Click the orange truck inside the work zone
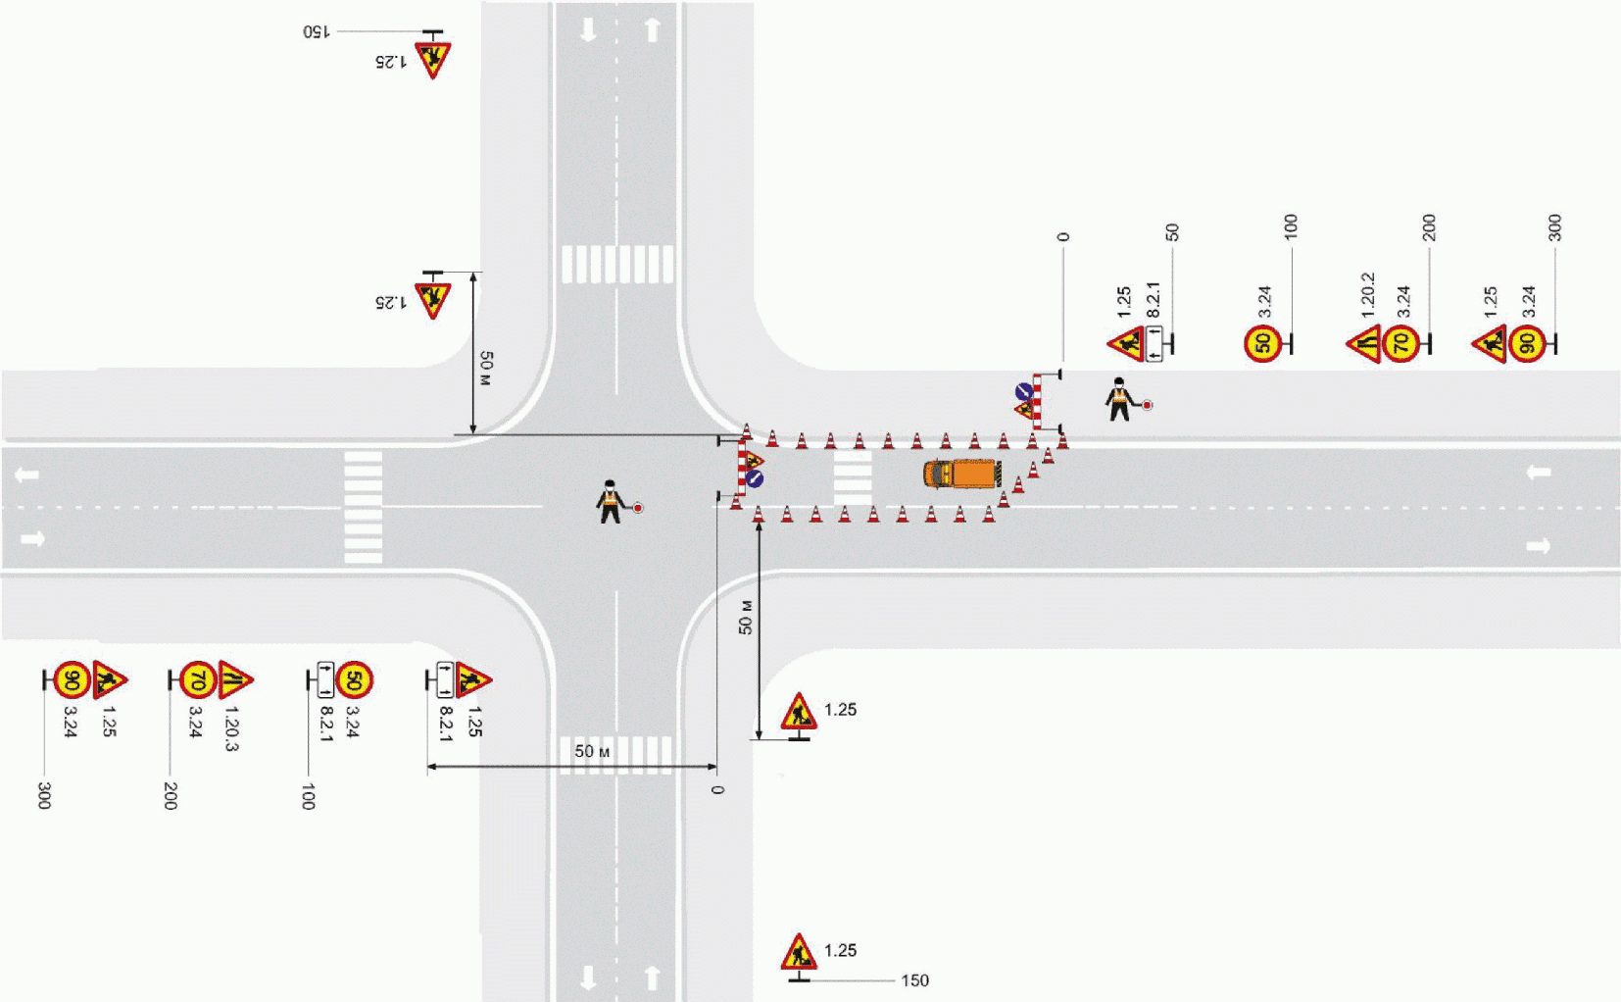coord(961,474)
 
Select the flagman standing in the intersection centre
coord(612,502)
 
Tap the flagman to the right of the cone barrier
coord(1119,399)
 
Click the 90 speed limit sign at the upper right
coord(1527,344)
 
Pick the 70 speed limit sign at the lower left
coord(198,679)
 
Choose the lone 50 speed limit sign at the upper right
coord(1262,344)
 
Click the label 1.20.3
coord(231,728)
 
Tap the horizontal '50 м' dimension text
coord(592,751)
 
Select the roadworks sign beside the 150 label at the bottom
coord(799,952)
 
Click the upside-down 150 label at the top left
coord(316,31)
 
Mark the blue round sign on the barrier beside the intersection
coord(755,479)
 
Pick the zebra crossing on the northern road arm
coord(617,264)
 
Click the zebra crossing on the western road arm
coord(363,507)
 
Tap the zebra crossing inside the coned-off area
coord(852,477)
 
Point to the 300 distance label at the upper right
coord(1554,228)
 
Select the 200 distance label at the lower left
coord(171,795)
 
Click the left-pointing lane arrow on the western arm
coord(27,476)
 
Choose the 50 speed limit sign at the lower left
coord(354,679)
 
